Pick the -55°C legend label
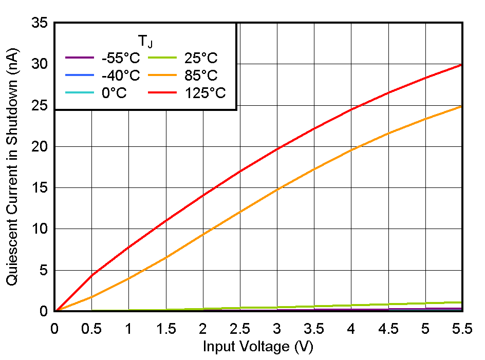121,58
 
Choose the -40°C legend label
121,75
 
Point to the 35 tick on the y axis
40,23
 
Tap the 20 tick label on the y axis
40,146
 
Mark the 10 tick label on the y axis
40,229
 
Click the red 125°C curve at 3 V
277,149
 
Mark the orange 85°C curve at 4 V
351,149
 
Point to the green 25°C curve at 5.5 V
461,302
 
